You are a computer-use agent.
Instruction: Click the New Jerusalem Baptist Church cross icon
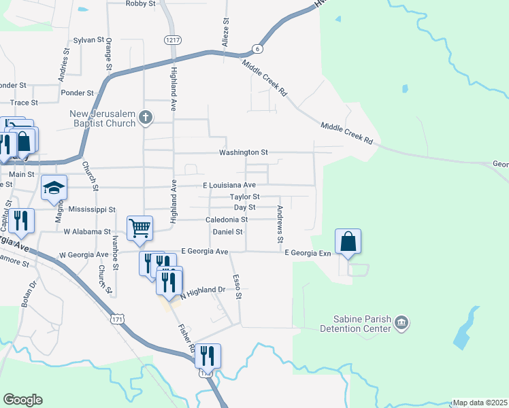(x=145, y=118)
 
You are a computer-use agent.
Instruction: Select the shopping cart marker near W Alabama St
(x=139, y=229)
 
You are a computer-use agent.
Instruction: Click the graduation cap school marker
(x=54, y=188)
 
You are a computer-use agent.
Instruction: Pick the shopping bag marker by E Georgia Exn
(x=348, y=241)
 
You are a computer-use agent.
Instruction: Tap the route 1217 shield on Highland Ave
(x=173, y=40)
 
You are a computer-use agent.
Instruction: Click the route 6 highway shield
(x=257, y=49)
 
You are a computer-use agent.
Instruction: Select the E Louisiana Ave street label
(x=229, y=185)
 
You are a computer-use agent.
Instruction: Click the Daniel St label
(x=227, y=232)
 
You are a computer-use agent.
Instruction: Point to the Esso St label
(x=237, y=286)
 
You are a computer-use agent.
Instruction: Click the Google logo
(x=22, y=400)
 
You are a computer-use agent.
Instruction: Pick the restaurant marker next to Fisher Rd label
(x=208, y=356)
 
